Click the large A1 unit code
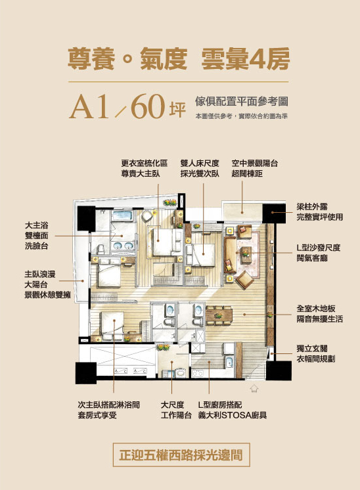[x=89, y=106]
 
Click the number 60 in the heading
[x=148, y=106]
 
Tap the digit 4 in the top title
[x=258, y=58]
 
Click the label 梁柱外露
[x=312, y=206]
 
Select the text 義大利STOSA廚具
[x=232, y=415]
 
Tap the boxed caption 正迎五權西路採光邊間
[x=181, y=455]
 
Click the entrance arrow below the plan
[x=254, y=388]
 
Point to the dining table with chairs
[x=219, y=314]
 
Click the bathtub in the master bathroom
[x=122, y=215]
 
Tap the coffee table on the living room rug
[x=246, y=255]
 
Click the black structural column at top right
[x=274, y=213]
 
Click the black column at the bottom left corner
[x=85, y=372]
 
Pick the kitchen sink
[x=229, y=361]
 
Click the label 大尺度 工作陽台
[x=176, y=410]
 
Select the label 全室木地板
[x=315, y=309]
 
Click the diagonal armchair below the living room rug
[x=244, y=280]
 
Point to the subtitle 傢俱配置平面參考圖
[x=241, y=101]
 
